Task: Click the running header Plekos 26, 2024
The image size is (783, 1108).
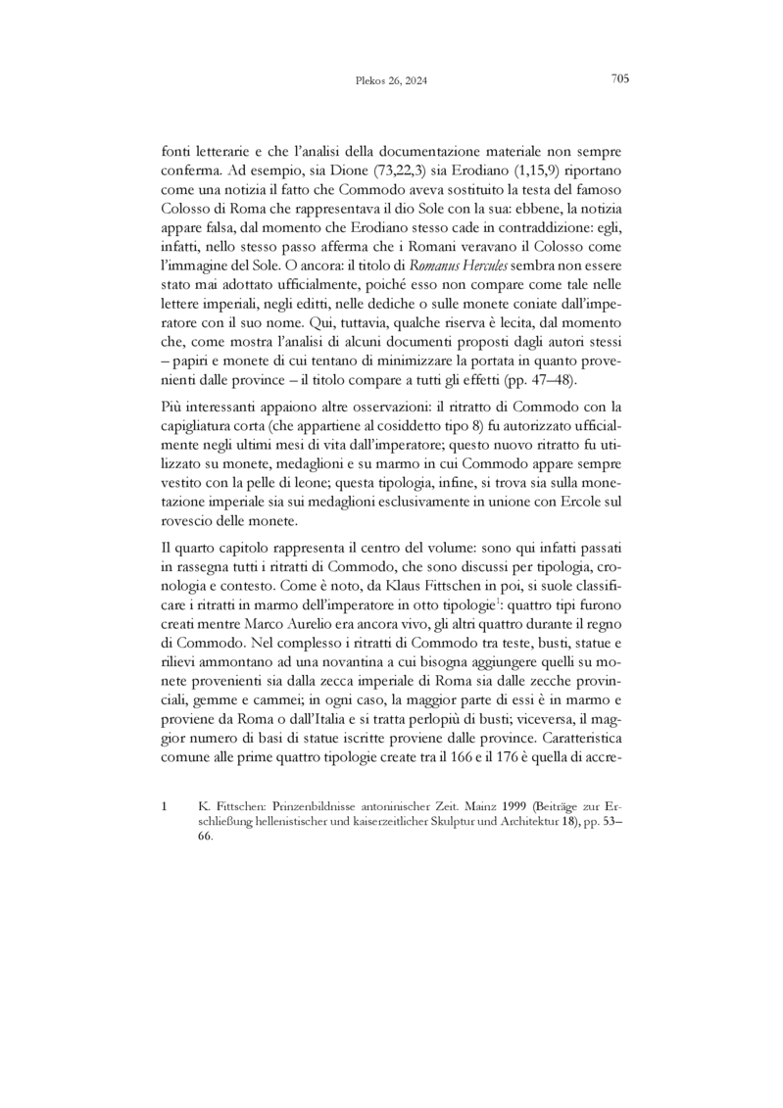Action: pos(390,81)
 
